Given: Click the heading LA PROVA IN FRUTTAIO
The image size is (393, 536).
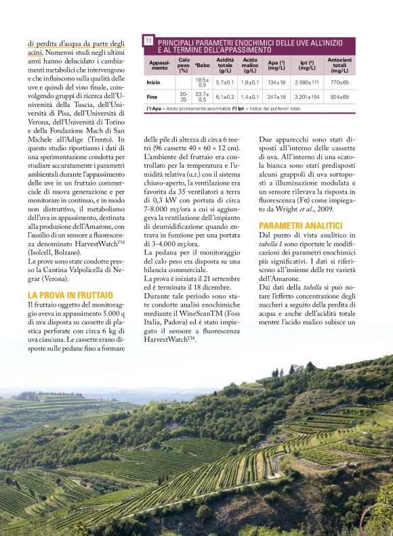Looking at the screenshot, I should pyautogui.click(x=70, y=295).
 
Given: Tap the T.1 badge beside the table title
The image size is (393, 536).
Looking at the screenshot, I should pyautogui.click(x=148, y=42).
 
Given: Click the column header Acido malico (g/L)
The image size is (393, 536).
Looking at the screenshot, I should pyautogui.click(x=250, y=65).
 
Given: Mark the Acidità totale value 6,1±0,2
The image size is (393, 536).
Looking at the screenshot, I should pyautogui.click(x=225, y=97).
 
